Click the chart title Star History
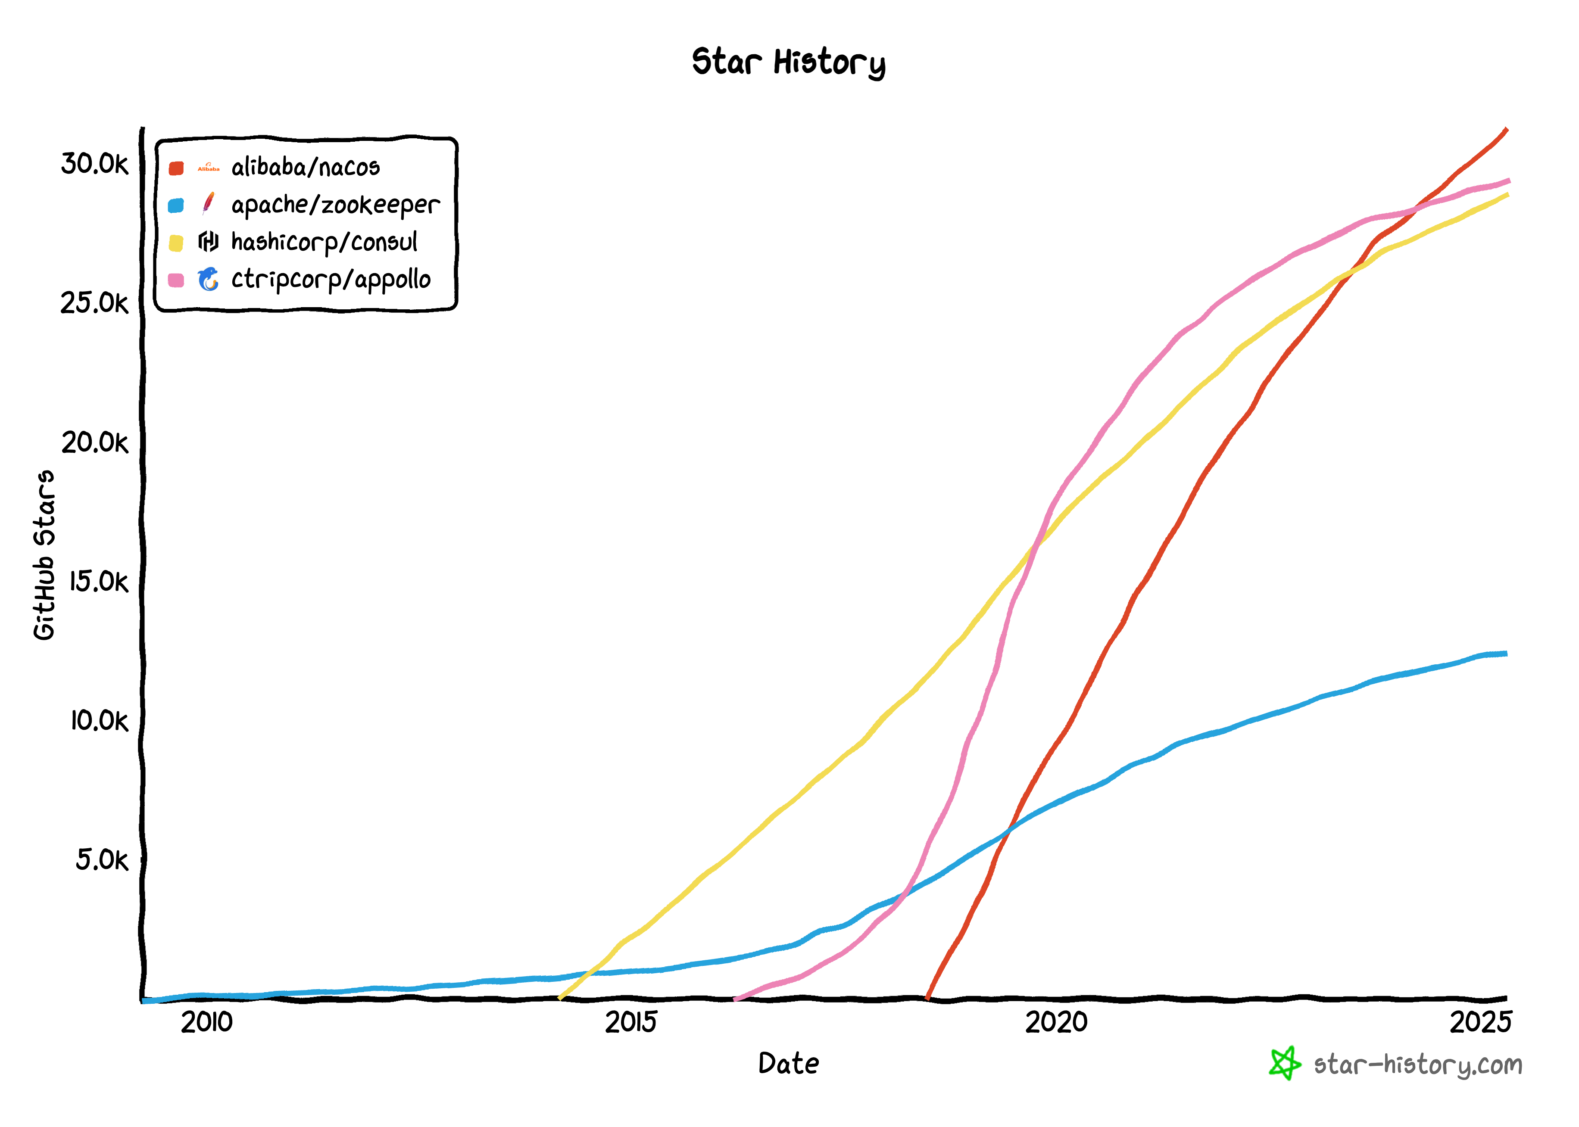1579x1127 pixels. (789, 62)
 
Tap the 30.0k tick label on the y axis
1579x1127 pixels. (94, 164)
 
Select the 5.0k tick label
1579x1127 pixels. (101, 860)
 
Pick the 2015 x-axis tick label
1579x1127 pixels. (630, 1022)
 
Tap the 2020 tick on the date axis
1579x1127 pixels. (1056, 1022)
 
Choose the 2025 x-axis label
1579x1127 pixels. (1480, 1022)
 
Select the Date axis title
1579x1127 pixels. (789, 1064)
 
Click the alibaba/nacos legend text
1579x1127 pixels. (306, 167)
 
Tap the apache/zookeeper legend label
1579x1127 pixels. (335, 205)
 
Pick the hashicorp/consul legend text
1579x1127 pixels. (324, 242)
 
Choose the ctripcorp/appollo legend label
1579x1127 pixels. (331, 280)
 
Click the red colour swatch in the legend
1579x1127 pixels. (176, 168)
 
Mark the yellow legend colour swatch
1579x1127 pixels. (176, 243)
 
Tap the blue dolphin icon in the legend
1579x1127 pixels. (208, 279)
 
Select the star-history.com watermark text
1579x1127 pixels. (1417, 1065)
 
